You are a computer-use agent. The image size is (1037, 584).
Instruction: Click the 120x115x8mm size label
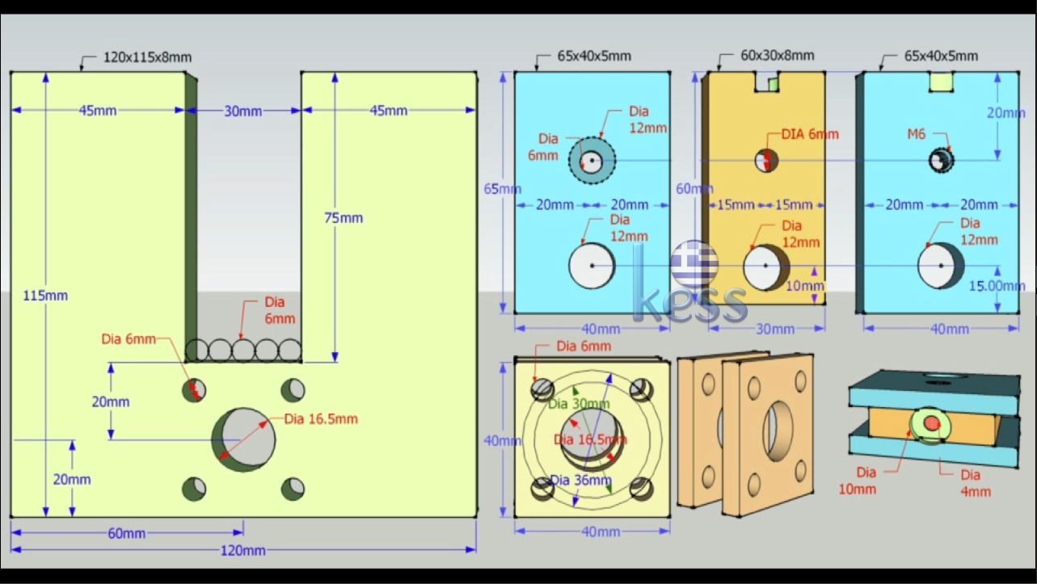[x=147, y=57]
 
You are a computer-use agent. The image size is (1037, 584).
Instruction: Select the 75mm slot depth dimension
[x=344, y=218]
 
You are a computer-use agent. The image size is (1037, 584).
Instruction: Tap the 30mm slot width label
[x=242, y=111]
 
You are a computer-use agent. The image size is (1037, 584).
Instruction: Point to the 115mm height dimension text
[x=45, y=296]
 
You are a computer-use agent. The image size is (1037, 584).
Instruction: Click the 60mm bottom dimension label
[x=126, y=533]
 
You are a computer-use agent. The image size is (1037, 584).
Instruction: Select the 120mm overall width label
[x=242, y=551]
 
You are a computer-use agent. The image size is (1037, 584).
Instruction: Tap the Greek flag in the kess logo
[x=693, y=260]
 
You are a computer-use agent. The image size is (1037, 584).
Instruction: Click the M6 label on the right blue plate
[x=916, y=135]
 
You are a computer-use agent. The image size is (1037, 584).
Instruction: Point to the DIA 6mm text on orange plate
[x=810, y=134]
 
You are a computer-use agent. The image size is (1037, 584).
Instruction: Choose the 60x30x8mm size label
[x=777, y=56]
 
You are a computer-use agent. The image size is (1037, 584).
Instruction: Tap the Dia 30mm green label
[x=579, y=404]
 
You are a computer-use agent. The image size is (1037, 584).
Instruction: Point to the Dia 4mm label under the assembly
[x=970, y=482]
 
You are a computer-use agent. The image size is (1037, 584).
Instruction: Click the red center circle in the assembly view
[x=931, y=423]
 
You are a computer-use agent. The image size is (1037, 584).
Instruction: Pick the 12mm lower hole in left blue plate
[x=592, y=265]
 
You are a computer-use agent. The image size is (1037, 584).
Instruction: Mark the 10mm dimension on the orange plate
[x=805, y=286]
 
